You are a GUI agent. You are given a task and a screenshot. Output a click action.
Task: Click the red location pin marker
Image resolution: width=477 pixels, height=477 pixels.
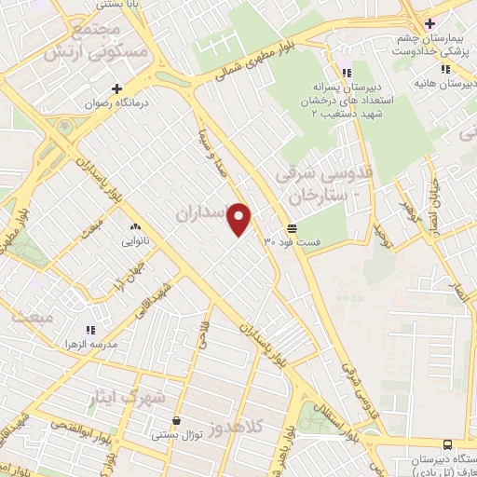[240, 218]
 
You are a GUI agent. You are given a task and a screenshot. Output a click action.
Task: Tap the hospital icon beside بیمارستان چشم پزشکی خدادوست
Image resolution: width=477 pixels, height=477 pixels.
[429, 23]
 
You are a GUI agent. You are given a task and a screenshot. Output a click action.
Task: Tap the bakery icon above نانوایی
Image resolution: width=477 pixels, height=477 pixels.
[135, 226]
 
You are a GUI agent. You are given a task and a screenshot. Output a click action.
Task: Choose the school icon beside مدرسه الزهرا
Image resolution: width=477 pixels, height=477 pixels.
[90, 330]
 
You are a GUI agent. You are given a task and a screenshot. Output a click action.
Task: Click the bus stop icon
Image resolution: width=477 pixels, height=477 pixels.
[448, 445]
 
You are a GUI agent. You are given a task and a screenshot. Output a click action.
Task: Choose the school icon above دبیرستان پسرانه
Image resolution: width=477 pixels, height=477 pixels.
[346, 73]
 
